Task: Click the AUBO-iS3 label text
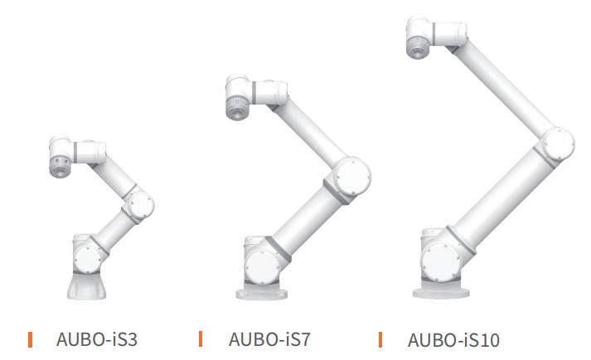pyautogui.click(x=96, y=339)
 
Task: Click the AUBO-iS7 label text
pyautogui.click(x=269, y=339)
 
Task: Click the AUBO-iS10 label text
pyautogui.click(x=453, y=340)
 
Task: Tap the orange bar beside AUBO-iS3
pyautogui.click(x=30, y=339)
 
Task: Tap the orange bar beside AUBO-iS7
pyautogui.click(x=201, y=338)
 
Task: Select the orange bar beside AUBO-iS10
pyautogui.click(x=380, y=339)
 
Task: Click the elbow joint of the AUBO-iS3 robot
pyautogui.click(x=141, y=206)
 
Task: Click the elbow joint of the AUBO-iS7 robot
pyautogui.click(x=352, y=176)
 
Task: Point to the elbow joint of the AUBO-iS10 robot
pyautogui.click(x=559, y=144)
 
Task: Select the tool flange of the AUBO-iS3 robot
pyautogui.click(x=60, y=168)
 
